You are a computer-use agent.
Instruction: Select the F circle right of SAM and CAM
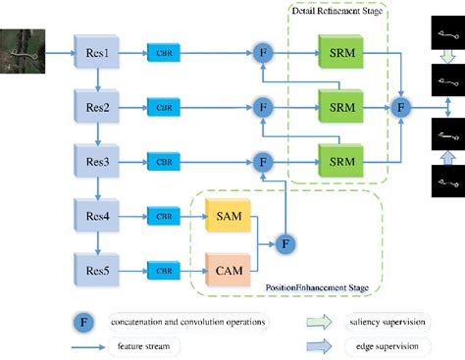pyautogui.click(x=285, y=240)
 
